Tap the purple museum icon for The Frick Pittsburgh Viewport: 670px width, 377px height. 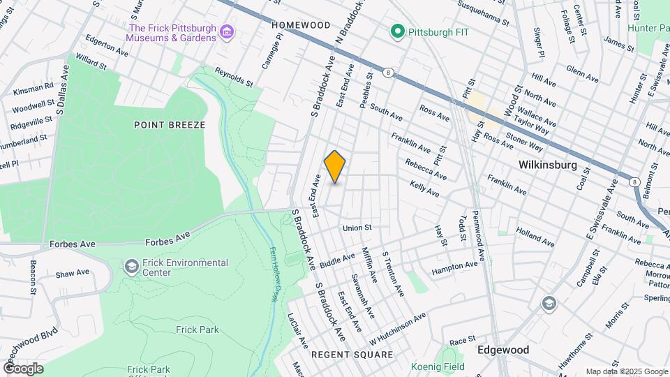226,32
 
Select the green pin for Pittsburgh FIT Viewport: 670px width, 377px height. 398,31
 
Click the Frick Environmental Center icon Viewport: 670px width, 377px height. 131,267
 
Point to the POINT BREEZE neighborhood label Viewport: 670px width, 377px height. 170,125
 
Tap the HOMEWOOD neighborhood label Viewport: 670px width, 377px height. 301,24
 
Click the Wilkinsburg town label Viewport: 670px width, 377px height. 547,165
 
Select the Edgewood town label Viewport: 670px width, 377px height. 502,350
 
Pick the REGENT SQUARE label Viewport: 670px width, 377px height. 352,355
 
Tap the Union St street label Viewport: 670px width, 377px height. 357,228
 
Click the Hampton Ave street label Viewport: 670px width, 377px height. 454,267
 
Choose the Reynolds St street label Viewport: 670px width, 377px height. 233,77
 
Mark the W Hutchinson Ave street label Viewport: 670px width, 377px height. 398,328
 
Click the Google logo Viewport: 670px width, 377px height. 22,368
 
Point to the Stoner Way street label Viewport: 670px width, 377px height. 524,142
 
